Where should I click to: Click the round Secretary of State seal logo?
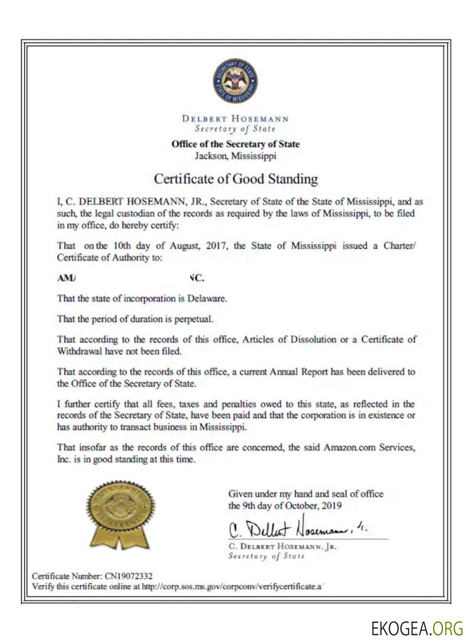pos(235,81)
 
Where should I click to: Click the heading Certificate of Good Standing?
pos(236,179)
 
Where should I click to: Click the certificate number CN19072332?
pos(129,576)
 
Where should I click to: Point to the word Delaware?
pos(207,299)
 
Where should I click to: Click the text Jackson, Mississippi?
pos(235,156)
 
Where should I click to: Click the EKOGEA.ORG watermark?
pos(417,629)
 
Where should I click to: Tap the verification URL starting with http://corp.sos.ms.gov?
pos(232,586)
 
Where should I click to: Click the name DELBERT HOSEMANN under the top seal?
pos(235,119)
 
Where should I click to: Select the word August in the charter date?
pos(185,246)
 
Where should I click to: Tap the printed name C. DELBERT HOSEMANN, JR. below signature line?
pos(282,546)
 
